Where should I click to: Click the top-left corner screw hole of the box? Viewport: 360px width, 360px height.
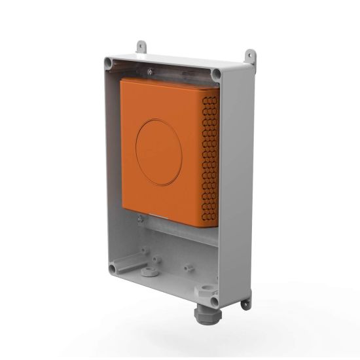point(109,62)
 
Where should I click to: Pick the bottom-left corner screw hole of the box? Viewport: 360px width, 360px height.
point(113,266)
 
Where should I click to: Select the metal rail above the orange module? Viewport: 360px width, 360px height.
point(177,70)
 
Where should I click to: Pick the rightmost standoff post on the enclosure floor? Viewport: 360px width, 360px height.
point(189,267)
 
